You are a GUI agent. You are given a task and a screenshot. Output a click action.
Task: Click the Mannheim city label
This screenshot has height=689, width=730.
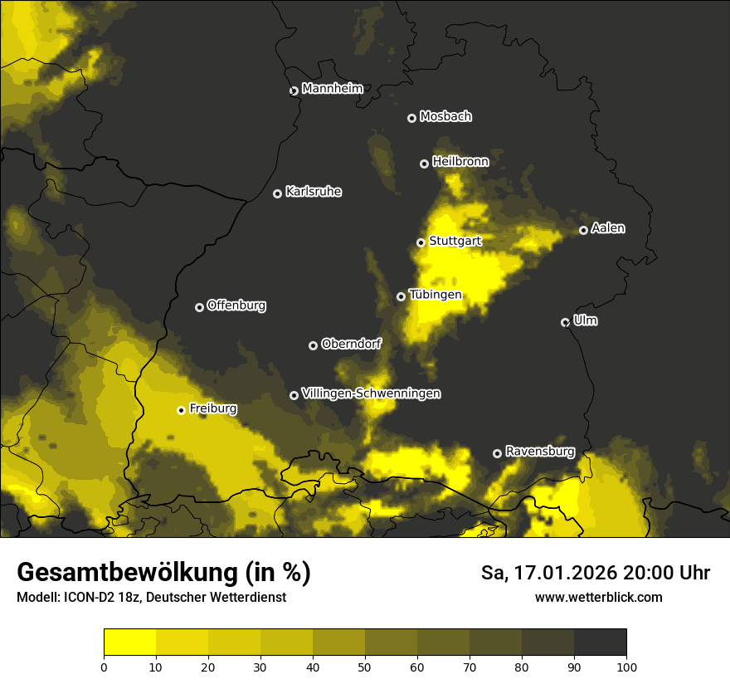point(332,89)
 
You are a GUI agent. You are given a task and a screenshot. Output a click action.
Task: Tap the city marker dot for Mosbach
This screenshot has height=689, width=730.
point(411,118)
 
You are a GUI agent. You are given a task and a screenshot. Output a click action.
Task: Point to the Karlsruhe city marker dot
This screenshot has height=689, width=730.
point(277,193)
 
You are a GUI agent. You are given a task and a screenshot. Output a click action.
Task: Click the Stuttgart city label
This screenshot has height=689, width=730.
point(455,242)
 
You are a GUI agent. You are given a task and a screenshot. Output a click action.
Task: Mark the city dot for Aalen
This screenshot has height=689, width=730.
point(583,230)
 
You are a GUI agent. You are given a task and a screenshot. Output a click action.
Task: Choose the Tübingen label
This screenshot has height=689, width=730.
point(435,295)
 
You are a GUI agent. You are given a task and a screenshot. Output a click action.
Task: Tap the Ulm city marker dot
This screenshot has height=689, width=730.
point(565,322)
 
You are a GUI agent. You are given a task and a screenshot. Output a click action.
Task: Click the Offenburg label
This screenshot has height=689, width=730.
point(236,305)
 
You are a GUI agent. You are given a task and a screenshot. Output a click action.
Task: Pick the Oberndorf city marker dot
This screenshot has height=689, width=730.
point(313,345)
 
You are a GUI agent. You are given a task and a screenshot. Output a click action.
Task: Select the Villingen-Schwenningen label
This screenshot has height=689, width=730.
point(371,393)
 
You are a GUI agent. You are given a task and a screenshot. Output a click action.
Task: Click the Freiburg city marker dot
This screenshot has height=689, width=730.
point(181,410)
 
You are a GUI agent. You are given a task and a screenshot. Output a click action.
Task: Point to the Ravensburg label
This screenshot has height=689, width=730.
point(539,452)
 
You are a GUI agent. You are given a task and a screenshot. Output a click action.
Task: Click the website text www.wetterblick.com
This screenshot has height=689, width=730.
point(598,597)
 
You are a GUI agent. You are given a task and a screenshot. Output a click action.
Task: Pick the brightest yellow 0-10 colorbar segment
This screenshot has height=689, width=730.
point(129,643)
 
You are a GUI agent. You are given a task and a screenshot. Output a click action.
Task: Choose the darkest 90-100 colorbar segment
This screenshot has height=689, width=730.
point(600,643)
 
